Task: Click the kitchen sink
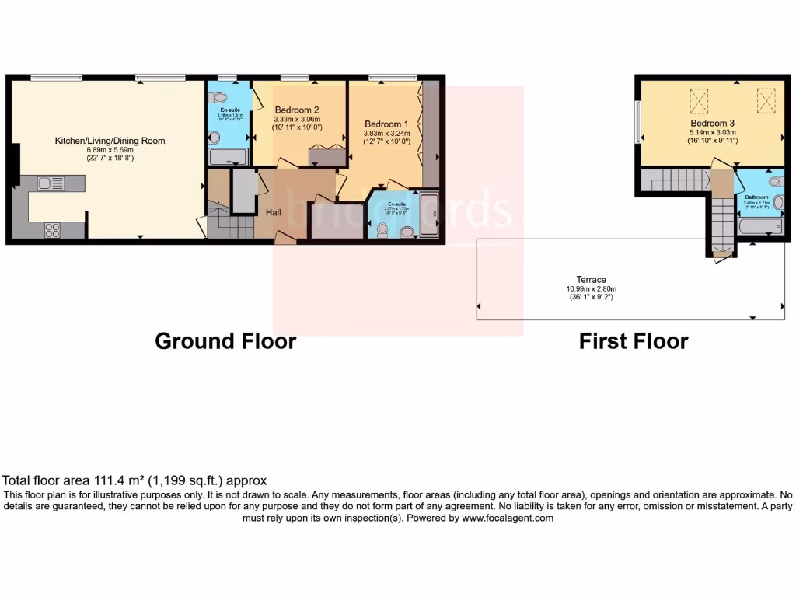(x=51, y=183)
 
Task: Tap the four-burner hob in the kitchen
(x=54, y=229)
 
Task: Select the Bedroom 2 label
(x=296, y=110)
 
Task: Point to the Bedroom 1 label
(x=386, y=124)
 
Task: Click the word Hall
(x=273, y=212)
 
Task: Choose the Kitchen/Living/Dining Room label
(x=110, y=141)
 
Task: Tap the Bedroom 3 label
(x=712, y=124)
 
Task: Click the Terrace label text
(x=591, y=280)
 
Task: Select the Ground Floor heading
(x=225, y=341)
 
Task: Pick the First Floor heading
(x=634, y=341)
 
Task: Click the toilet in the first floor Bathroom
(x=774, y=182)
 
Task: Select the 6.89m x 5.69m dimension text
(x=110, y=150)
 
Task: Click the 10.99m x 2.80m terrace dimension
(x=591, y=288)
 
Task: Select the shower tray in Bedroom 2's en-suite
(x=228, y=159)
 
